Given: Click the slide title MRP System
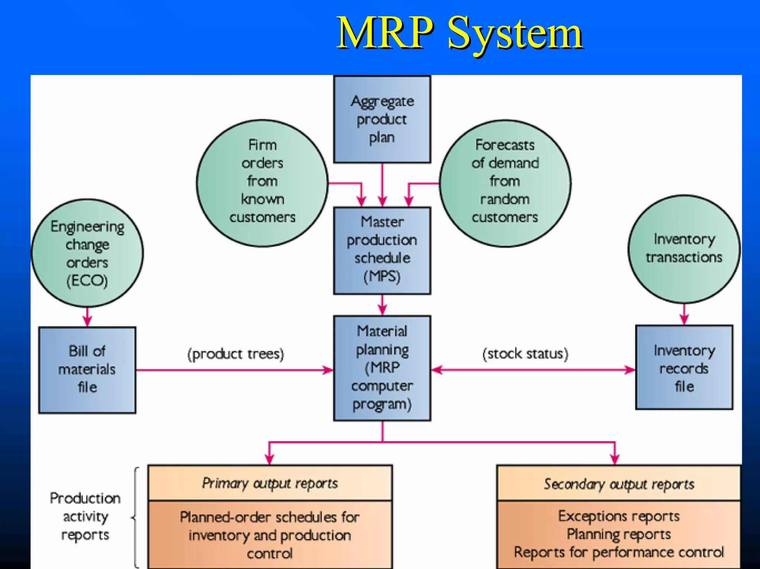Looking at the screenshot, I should [x=459, y=33].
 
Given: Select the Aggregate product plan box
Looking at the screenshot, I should [x=382, y=119].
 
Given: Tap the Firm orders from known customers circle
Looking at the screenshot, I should [x=262, y=182].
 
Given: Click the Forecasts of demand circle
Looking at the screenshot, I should [x=505, y=182].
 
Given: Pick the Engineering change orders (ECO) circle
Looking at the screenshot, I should [x=87, y=253].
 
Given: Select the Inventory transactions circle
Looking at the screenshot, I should [x=684, y=249].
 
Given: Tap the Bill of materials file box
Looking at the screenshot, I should [x=87, y=369].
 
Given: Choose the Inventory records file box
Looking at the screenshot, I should [x=684, y=368].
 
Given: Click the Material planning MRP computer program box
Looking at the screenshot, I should [x=382, y=368].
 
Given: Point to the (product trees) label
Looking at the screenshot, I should [x=236, y=354].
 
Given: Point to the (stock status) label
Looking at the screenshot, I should [x=525, y=354].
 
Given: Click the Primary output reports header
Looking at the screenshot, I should [x=270, y=483].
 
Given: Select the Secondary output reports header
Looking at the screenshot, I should [x=619, y=484].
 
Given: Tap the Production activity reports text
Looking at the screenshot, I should [x=85, y=516].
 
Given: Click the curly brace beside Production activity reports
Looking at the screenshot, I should [x=136, y=517].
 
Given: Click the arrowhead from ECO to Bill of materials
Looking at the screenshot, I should [x=87, y=320].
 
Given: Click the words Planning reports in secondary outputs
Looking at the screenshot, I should [x=619, y=534].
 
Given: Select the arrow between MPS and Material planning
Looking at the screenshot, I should [x=382, y=305].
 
